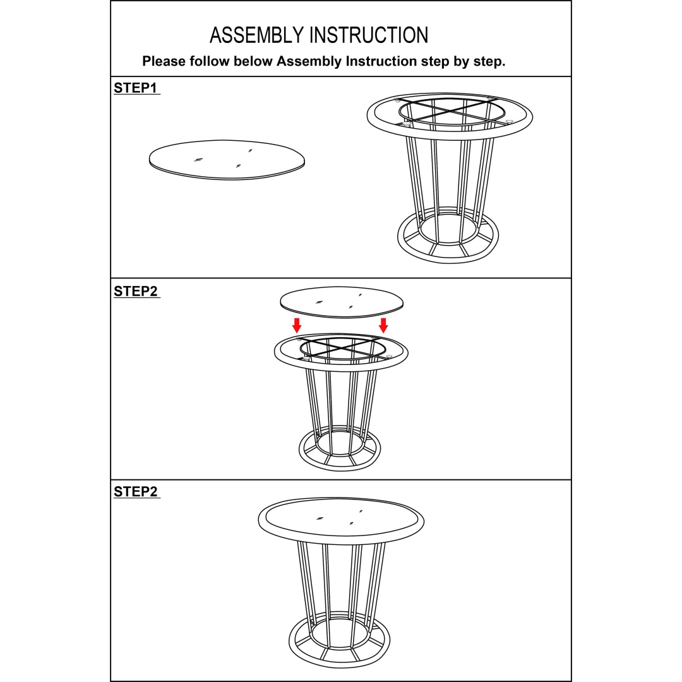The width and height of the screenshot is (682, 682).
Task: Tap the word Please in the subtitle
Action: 164,61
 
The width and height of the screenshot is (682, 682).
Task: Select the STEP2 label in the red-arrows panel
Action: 136,291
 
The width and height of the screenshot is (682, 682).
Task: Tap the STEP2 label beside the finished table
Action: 136,491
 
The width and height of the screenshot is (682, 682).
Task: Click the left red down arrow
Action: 297,325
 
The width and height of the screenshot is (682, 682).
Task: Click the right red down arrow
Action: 383,325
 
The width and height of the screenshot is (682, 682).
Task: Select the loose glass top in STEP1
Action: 227,160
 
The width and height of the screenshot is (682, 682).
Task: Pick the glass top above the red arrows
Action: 342,302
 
